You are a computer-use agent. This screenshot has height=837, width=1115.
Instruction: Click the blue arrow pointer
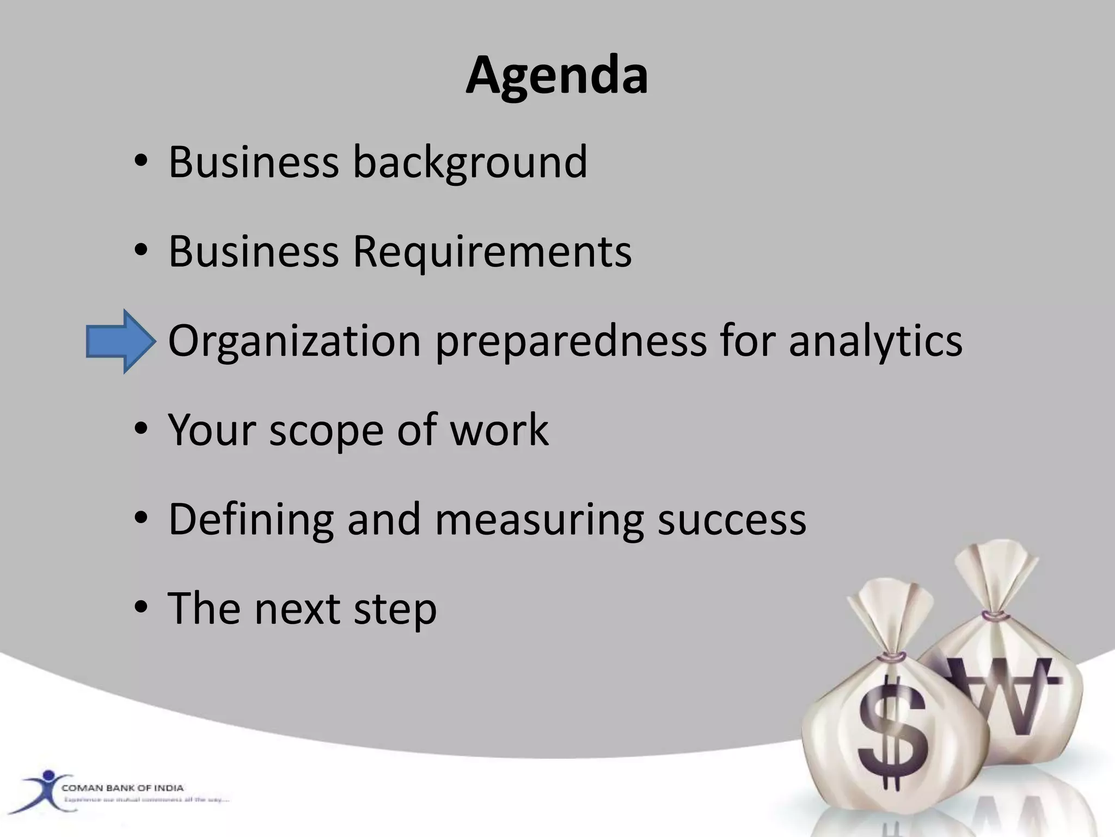click(x=120, y=342)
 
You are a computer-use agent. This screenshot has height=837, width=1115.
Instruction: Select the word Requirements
click(x=492, y=252)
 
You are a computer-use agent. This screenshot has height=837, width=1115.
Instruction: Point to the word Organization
click(x=295, y=341)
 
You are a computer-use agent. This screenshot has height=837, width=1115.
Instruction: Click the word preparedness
click(x=570, y=342)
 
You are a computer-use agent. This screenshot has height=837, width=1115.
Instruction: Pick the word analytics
click(x=875, y=342)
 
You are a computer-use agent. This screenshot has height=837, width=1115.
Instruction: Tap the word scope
click(x=326, y=431)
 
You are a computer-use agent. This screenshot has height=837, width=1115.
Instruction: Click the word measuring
click(x=540, y=520)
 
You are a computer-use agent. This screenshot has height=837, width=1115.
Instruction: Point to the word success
click(x=732, y=520)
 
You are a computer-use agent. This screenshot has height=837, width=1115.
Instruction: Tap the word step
click(x=395, y=609)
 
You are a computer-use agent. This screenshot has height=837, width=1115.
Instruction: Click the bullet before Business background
click(x=140, y=162)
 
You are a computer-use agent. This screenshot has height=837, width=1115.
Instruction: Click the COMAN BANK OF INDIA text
click(x=122, y=787)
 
